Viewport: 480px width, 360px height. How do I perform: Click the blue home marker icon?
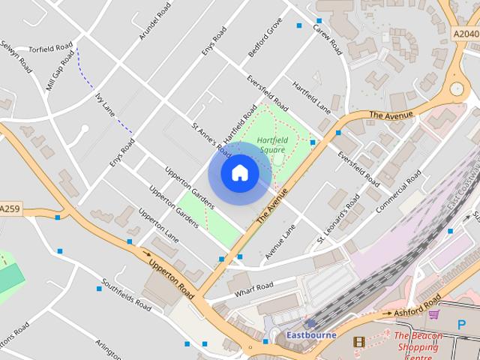click(239, 173)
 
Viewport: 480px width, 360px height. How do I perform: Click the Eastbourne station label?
click(310, 334)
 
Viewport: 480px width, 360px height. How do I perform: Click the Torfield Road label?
click(50, 46)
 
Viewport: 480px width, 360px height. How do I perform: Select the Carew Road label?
click(327, 40)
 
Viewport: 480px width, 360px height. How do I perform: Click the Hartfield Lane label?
click(311, 97)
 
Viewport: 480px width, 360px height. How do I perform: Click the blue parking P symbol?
click(461, 325)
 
